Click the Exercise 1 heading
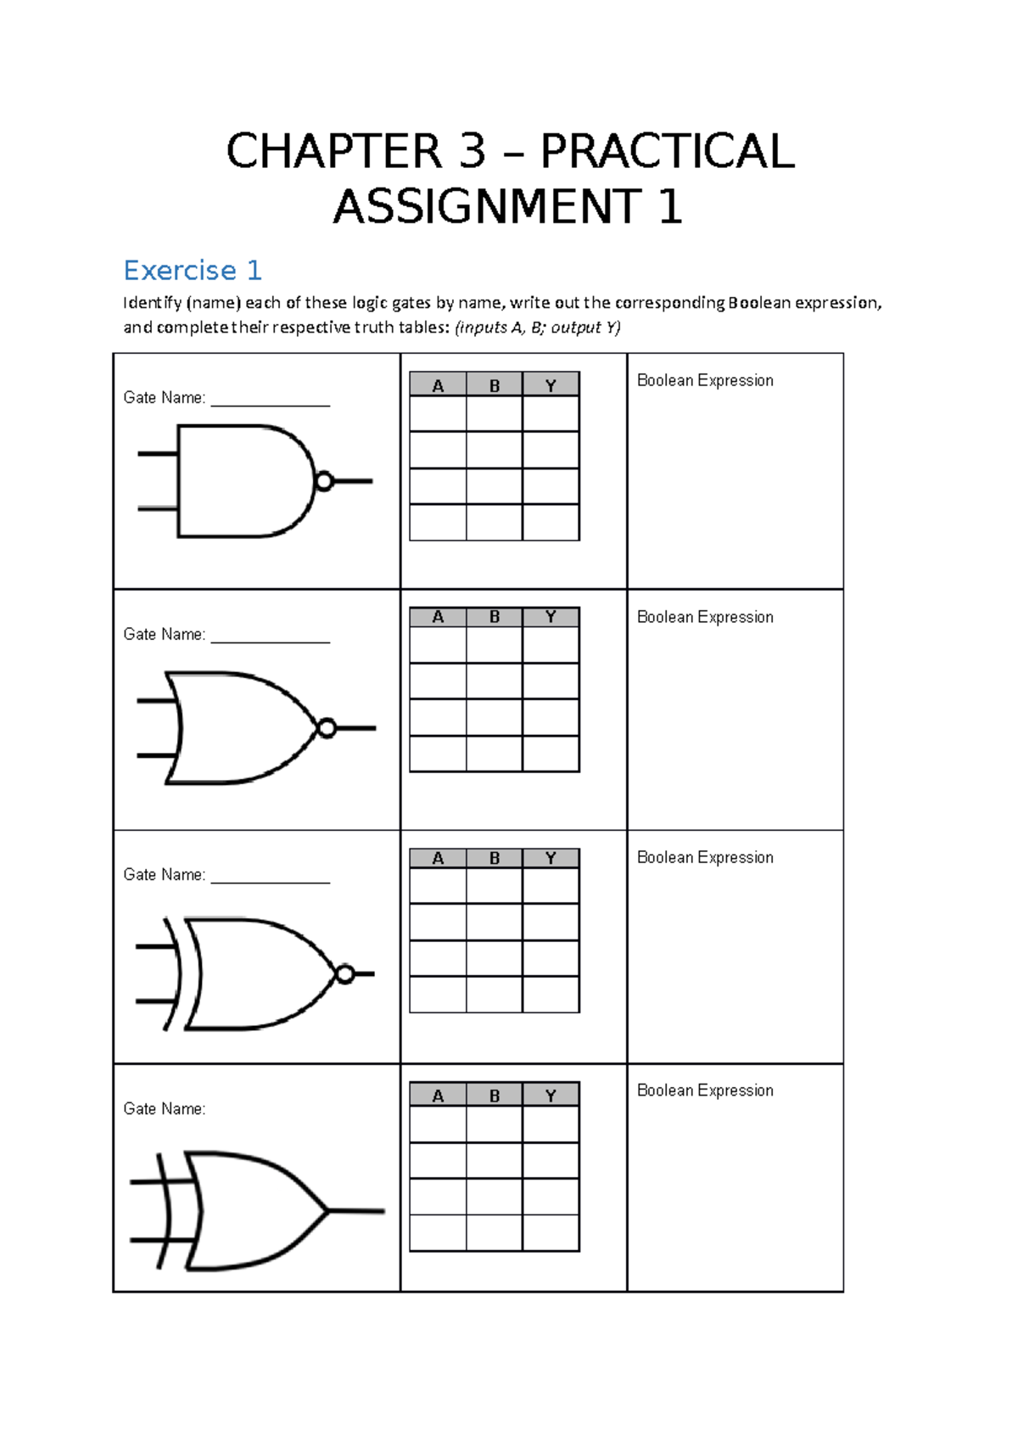pos(193,270)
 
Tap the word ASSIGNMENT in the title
pos(487,207)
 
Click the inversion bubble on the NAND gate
pos(323,482)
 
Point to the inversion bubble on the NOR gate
pos(327,728)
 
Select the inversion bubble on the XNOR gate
pos(344,973)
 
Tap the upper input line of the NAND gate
pos(158,454)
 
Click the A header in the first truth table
pos(438,386)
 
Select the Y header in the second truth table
pos(551,617)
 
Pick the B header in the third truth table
pos(495,858)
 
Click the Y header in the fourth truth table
pos(551,1096)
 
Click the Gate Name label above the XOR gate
pos(165,1108)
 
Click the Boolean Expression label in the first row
pos(705,380)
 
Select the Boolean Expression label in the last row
pos(705,1091)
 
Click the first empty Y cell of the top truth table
pos(551,414)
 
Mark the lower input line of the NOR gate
pos(158,755)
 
